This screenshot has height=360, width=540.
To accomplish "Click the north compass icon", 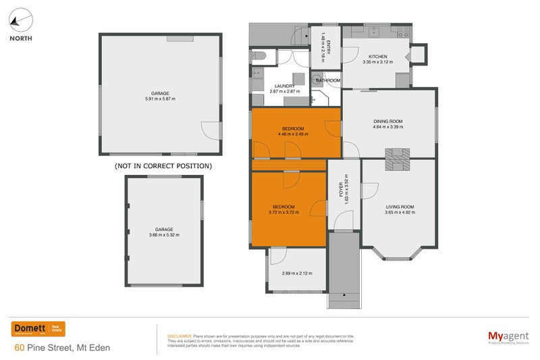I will click(20, 20).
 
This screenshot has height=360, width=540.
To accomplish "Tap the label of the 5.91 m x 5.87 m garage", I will click(160, 96).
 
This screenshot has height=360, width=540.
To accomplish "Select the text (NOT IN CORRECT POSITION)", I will click(163, 165).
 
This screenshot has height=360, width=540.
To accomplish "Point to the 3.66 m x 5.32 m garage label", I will click(164, 232).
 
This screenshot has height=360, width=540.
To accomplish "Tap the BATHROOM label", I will click(328, 80).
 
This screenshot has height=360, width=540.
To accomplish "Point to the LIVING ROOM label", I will click(400, 209).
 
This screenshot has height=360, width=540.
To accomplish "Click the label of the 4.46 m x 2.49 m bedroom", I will click(292, 131).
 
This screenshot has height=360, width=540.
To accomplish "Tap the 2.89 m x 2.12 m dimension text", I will click(297, 274).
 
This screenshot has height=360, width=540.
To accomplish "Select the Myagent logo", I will click(508, 336).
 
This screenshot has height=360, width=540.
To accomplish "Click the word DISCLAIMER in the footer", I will click(179, 336).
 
